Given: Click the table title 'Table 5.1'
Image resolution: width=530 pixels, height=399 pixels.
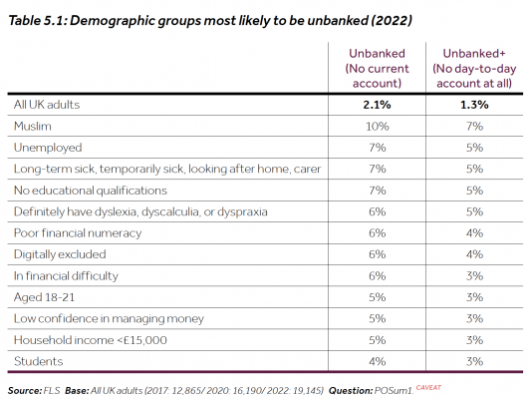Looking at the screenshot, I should [47, 19].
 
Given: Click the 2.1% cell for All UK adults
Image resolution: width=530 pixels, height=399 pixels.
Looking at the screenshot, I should [376, 105].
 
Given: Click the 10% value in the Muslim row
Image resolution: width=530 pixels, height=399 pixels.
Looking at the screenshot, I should [376, 126].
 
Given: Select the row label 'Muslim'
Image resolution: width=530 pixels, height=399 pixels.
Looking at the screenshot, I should [32, 126].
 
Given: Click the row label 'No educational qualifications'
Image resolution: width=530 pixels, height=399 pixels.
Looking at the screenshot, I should [91, 190].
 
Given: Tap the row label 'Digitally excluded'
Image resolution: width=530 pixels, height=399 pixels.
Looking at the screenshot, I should [61, 253].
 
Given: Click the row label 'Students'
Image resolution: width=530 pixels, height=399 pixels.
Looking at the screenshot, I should [37, 360].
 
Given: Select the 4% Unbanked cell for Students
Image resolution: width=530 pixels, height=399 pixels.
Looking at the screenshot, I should [376, 360].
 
